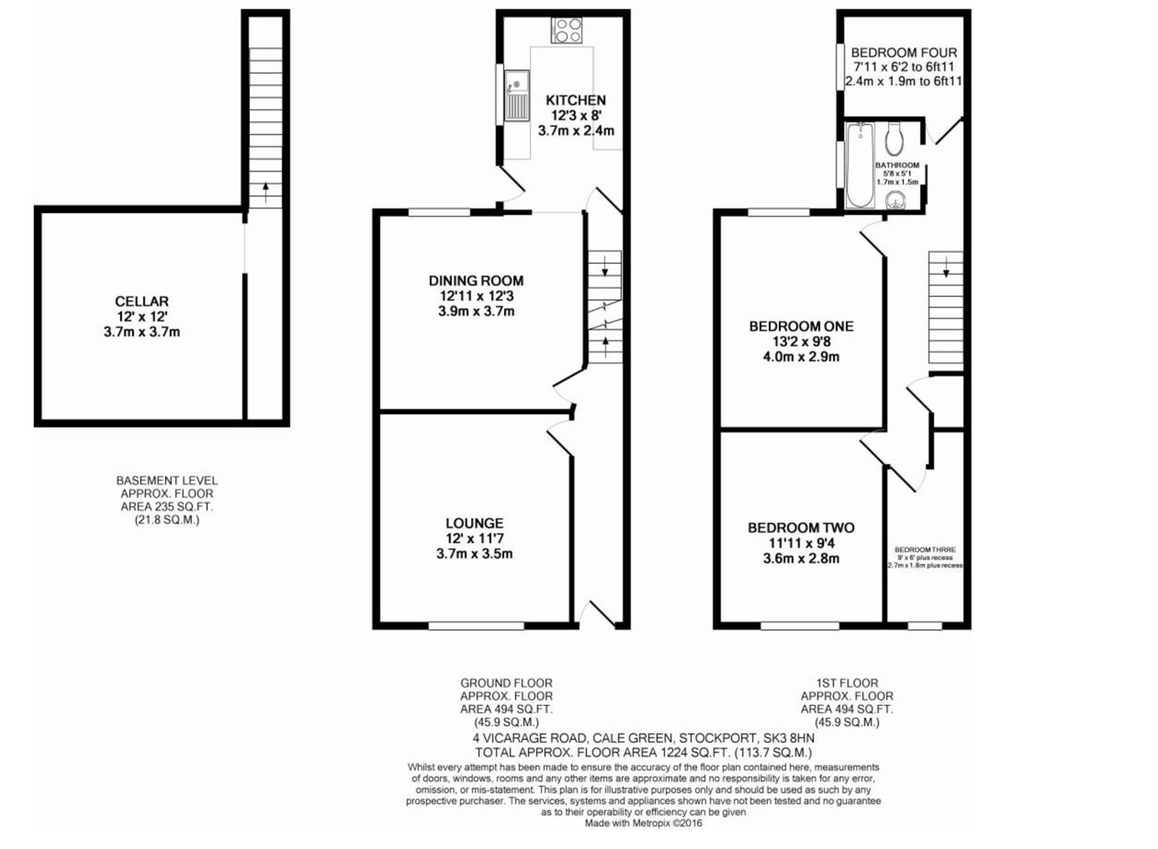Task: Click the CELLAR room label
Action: (142, 301)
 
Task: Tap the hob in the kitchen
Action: (567, 31)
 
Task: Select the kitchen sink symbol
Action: (516, 95)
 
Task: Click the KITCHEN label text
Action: (575, 100)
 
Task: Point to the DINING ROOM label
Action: (476, 281)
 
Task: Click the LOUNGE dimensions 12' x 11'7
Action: (474, 538)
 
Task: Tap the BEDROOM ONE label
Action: (800, 326)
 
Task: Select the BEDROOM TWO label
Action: (800, 528)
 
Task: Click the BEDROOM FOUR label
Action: (904, 53)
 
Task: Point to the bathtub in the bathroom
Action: (860, 164)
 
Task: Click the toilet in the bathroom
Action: (894, 140)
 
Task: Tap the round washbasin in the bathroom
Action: (895, 201)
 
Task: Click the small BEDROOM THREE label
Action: (925, 549)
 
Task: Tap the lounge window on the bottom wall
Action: (476, 626)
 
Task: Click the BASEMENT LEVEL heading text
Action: (167, 480)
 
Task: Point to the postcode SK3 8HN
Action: (789, 738)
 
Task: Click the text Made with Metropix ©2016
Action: (643, 823)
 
